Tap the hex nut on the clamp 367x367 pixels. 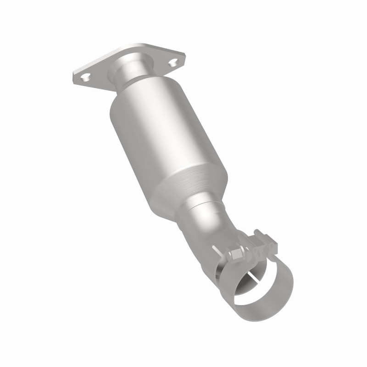coord(238,253)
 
